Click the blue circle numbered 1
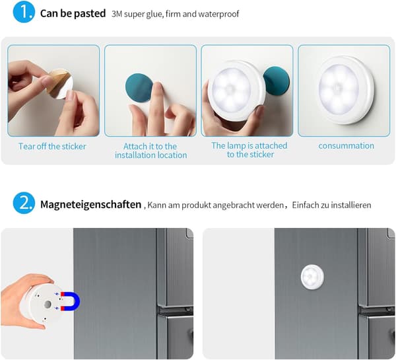(x=24, y=12)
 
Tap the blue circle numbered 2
(x=24, y=203)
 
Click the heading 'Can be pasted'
(x=73, y=13)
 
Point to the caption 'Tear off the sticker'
(x=52, y=146)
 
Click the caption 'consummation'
(x=346, y=145)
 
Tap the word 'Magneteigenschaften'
(x=90, y=205)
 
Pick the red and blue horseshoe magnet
(x=70, y=301)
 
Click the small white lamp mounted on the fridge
(x=312, y=277)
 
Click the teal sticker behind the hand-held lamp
(x=277, y=81)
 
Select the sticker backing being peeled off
(x=61, y=84)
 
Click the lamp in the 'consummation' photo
(x=344, y=90)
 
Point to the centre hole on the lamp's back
(x=48, y=305)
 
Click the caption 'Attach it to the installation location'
(x=150, y=151)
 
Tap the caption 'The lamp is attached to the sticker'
(x=249, y=150)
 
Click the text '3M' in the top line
(x=117, y=14)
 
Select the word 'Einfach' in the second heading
(x=306, y=205)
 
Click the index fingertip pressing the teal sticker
(x=158, y=87)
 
